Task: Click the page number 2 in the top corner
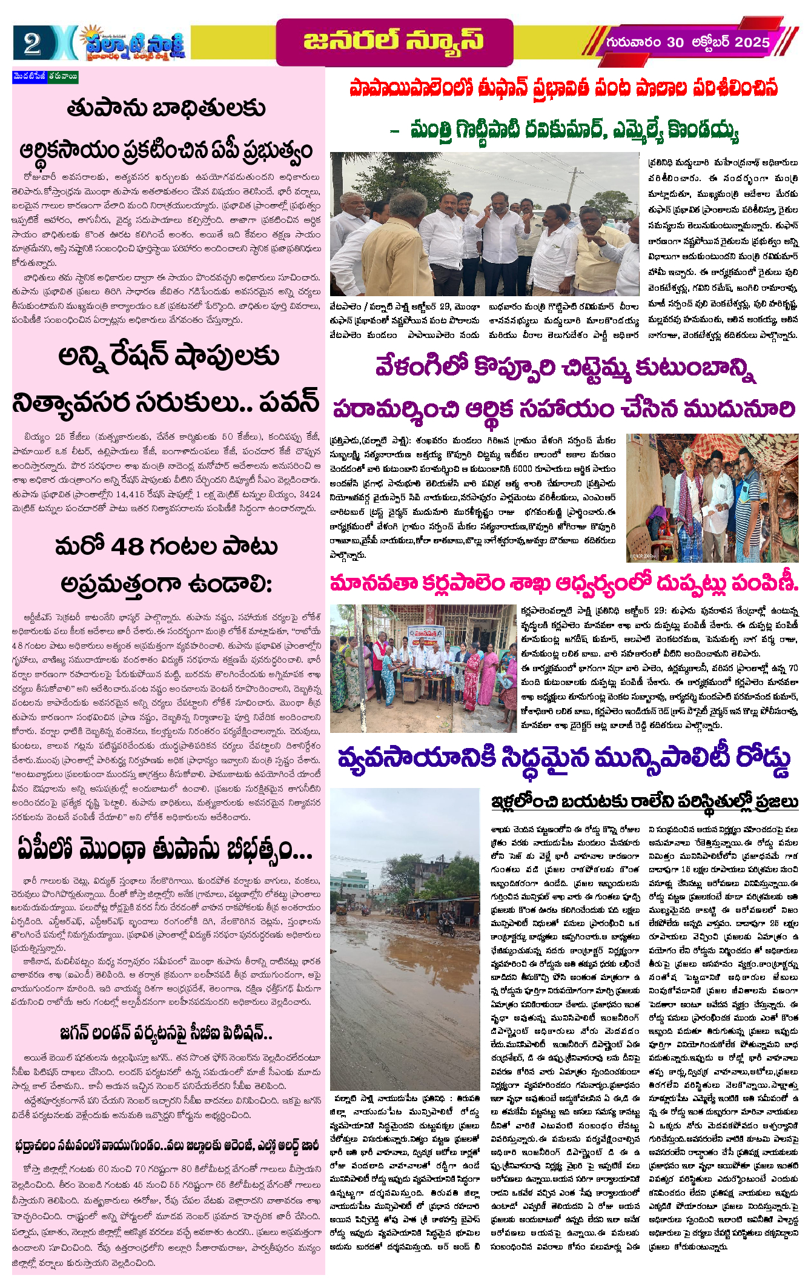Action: (x=31, y=44)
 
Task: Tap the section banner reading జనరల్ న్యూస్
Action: (x=394, y=41)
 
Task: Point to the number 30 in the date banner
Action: (x=675, y=42)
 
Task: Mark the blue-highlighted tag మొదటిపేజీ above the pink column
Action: (x=30, y=77)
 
